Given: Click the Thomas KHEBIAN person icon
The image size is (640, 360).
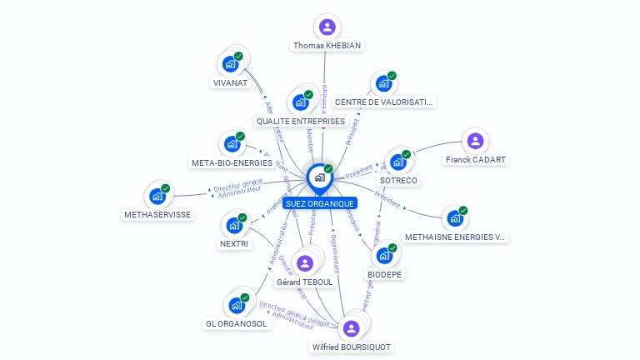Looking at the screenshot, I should (x=327, y=27).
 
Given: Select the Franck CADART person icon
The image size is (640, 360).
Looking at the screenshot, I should (x=475, y=141).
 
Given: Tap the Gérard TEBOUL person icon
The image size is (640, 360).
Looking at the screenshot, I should (x=305, y=263).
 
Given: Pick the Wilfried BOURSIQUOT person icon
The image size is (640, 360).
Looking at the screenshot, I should (x=351, y=328).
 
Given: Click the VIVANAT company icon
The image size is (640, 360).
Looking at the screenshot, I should (x=231, y=64).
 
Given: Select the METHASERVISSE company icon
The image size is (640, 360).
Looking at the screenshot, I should (x=157, y=196).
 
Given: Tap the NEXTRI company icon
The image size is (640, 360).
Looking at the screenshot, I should (x=234, y=225).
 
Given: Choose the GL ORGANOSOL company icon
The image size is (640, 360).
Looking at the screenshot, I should (x=236, y=305).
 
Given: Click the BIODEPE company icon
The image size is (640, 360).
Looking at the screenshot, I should (x=384, y=255).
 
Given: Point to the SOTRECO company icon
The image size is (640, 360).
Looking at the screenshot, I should (x=397, y=162).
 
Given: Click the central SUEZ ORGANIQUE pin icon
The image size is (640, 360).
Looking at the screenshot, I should (x=319, y=177).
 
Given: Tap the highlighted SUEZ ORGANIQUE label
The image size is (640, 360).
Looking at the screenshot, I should (x=319, y=203).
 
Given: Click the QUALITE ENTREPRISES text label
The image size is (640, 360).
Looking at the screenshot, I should (x=300, y=121).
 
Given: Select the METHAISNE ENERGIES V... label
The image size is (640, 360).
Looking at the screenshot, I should (x=455, y=237).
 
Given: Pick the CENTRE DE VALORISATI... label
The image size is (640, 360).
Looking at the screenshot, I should (x=383, y=102).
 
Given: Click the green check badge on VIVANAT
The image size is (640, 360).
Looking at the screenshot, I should (x=238, y=56).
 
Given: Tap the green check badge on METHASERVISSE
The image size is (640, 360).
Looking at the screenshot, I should (x=165, y=188).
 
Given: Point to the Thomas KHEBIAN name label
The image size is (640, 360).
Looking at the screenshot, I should (x=327, y=45).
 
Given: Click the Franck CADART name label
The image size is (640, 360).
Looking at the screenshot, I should (x=475, y=159).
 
